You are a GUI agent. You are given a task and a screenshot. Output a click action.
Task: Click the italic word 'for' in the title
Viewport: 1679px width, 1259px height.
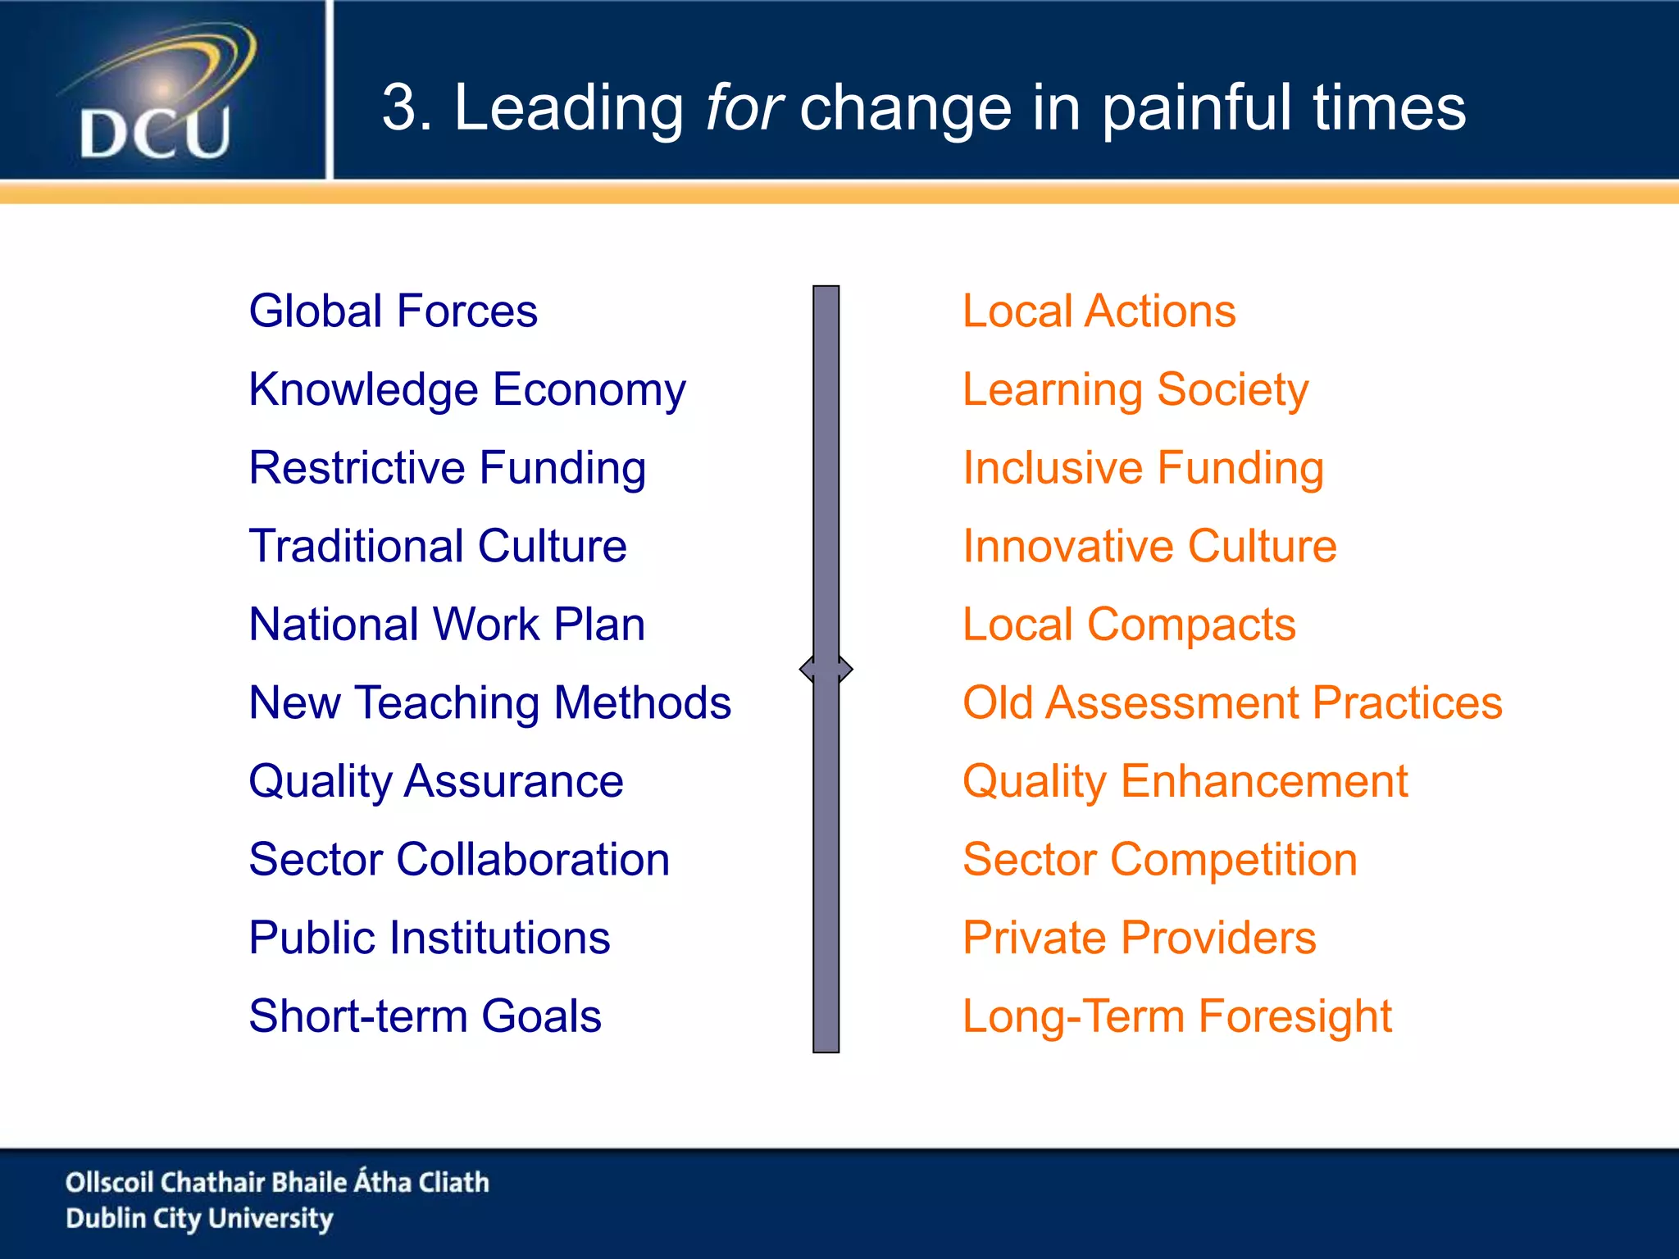coord(744,107)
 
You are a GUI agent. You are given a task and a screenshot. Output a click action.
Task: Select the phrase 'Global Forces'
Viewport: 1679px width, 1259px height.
coord(393,311)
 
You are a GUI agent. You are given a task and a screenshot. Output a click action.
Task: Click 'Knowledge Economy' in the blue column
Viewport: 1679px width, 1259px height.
coord(466,389)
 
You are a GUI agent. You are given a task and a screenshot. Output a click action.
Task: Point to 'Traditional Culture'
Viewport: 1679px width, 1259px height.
coord(438,546)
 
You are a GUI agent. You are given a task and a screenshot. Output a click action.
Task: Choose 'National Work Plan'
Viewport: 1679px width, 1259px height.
coord(447,625)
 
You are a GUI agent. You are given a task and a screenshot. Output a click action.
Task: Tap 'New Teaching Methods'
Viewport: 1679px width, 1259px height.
coord(489,703)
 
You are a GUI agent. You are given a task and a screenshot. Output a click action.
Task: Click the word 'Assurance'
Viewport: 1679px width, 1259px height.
coord(513,781)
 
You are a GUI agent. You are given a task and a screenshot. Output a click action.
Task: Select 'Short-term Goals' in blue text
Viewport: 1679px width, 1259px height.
coord(425,1016)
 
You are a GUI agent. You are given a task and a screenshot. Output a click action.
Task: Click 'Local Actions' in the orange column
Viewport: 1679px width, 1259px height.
coord(1099,311)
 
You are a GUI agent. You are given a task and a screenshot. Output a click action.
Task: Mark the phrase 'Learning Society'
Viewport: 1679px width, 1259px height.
coord(1135,389)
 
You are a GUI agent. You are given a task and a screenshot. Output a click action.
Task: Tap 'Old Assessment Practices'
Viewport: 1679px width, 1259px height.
coord(1232,703)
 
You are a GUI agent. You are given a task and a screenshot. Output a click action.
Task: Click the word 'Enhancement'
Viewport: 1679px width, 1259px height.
coord(1264,781)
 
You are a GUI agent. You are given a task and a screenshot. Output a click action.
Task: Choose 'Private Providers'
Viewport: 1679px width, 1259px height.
coord(1139,938)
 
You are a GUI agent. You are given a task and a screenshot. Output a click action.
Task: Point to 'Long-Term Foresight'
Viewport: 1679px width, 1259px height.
coord(1176,1016)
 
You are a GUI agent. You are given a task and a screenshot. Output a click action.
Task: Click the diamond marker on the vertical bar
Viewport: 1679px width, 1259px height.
coord(826,669)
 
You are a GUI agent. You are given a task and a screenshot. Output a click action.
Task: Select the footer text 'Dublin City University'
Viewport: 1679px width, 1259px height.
coord(199,1219)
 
